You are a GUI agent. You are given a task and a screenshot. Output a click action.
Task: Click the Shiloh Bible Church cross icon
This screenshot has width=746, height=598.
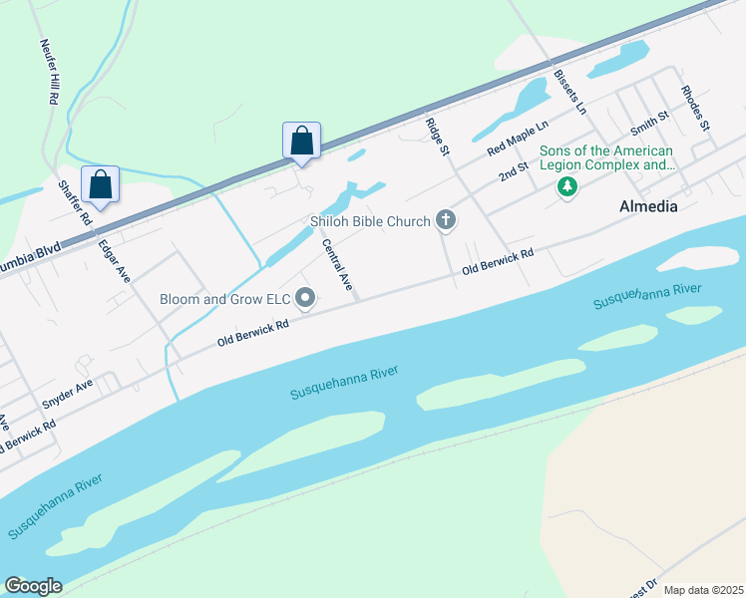tap(446, 221)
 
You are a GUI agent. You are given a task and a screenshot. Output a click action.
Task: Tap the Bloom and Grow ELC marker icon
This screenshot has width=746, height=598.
tap(306, 298)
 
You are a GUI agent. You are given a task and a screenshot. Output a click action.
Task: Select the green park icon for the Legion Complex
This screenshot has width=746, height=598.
tap(567, 186)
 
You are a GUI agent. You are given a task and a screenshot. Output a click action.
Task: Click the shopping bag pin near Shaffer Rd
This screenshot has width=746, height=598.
tap(100, 184)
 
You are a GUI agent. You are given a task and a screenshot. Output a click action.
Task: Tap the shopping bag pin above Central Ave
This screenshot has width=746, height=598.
tap(302, 142)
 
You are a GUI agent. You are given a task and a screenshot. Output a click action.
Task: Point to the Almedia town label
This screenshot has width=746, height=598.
tap(648, 207)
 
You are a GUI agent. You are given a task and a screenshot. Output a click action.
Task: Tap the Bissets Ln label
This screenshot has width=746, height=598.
tap(569, 91)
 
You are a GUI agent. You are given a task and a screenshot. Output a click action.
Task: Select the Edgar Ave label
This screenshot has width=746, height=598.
tap(115, 259)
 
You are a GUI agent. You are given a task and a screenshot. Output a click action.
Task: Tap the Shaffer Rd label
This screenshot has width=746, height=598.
tap(75, 201)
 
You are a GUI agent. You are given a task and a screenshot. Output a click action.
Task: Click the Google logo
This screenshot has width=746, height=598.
tap(33, 586)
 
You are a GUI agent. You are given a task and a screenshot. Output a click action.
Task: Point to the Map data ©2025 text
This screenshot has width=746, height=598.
tap(702, 590)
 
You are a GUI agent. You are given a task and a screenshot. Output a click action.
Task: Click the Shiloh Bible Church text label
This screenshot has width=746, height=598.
tap(368, 221)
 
